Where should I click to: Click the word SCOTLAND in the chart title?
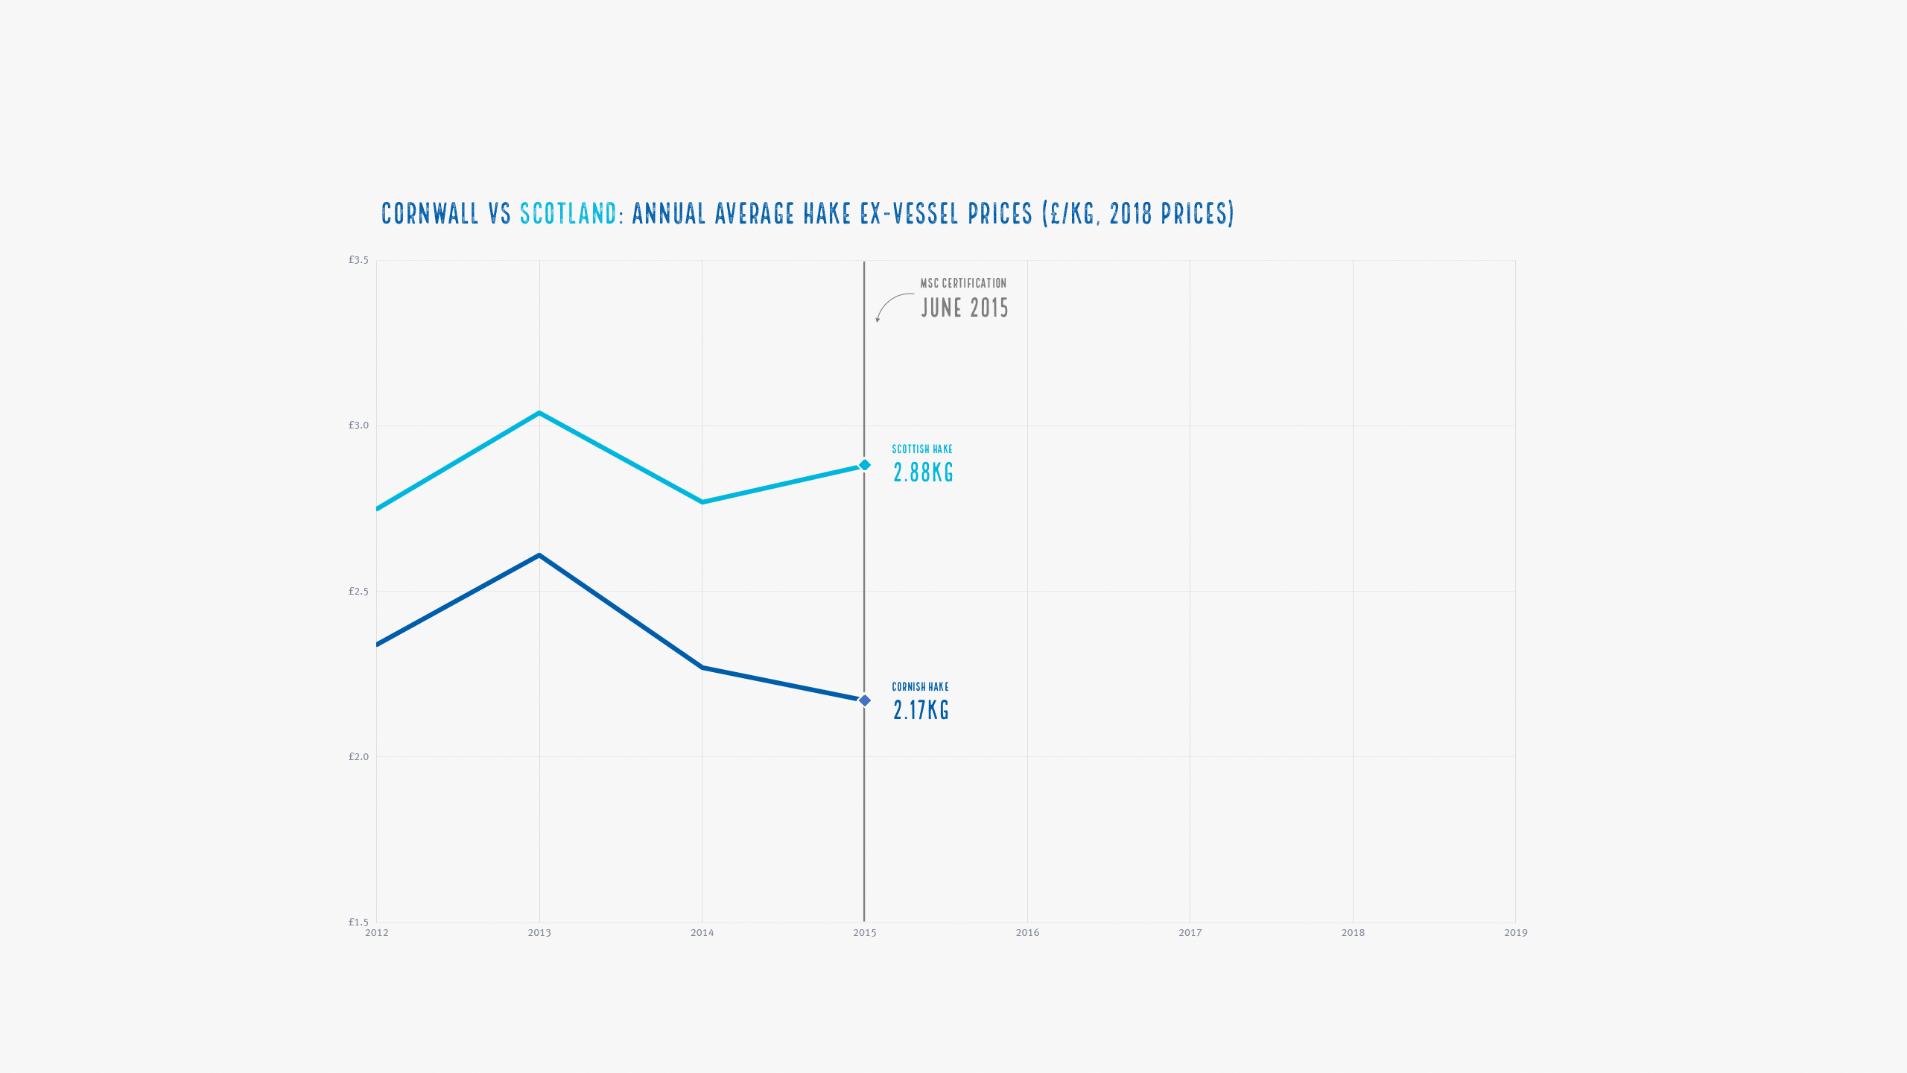pyautogui.click(x=568, y=214)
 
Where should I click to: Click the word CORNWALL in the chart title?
pyautogui.click(x=430, y=214)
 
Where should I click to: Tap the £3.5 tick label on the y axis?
pyautogui.click(x=358, y=260)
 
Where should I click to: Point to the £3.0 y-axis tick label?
pyautogui.click(x=358, y=425)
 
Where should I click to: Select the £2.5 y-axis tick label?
pyautogui.click(x=358, y=592)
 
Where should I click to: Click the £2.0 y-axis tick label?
pyautogui.click(x=358, y=757)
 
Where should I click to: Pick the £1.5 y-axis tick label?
pyautogui.click(x=358, y=922)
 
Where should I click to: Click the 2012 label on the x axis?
pyautogui.click(x=377, y=933)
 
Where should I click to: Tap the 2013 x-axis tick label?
pyautogui.click(x=539, y=933)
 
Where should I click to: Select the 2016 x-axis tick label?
pyautogui.click(x=1027, y=933)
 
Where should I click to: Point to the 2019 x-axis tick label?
pyautogui.click(x=1515, y=933)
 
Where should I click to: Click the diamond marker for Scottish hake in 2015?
pyautogui.click(x=865, y=465)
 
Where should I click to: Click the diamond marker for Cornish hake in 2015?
pyautogui.click(x=865, y=700)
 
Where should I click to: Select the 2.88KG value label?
pyautogui.click(x=923, y=472)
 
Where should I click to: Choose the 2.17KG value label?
pyautogui.click(x=921, y=710)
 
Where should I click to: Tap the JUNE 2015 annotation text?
pyautogui.click(x=965, y=308)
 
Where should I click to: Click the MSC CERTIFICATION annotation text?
pyautogui.click(x=963, y=283)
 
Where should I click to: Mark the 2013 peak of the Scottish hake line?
pyautogui.click(x=539, y=413)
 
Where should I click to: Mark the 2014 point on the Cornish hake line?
pyautogui.click(x=702, y=667)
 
